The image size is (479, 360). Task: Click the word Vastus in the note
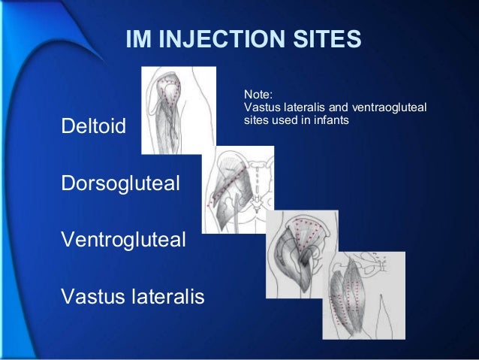[x=261, y=107]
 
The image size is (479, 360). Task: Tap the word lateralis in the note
[x=303, y=107]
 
